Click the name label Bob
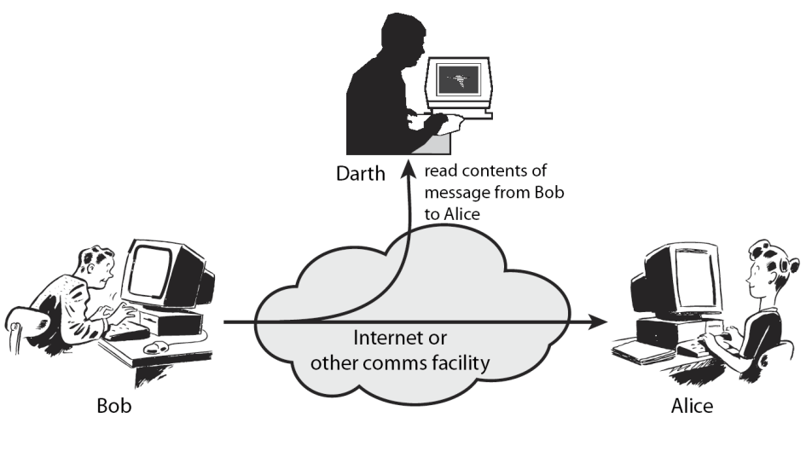point(113,404)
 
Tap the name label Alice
point(691,406)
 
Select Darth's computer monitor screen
point(459,83)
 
